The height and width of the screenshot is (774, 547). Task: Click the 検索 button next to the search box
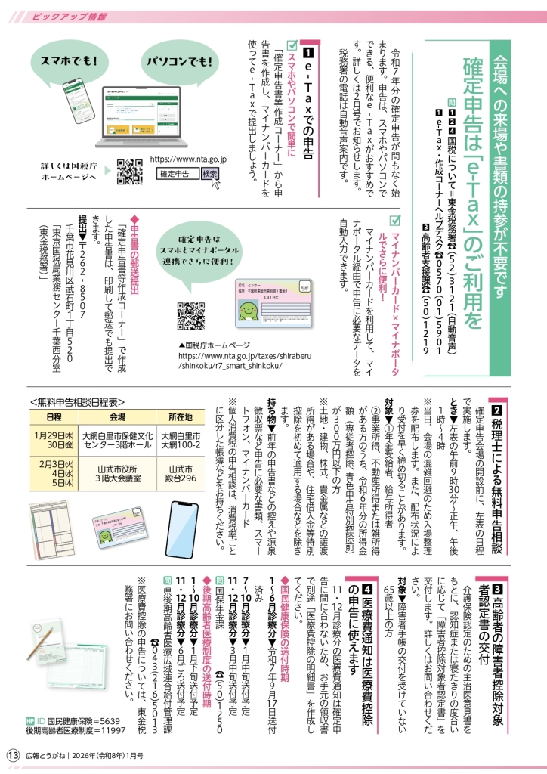pyautogui.click(x=209, y=173)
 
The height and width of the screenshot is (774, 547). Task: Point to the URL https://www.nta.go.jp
pyautogui.click(x=189, y=159)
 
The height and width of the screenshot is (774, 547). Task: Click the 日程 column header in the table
pyautogui.click(x=54, y=417)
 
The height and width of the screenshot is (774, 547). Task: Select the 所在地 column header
pyautogui.click(x=180, y=417)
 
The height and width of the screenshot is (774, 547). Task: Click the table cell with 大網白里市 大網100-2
pyautogui.click(x=180, y=442)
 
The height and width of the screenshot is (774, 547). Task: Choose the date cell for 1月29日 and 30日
pyautogui.click(x=54, y=442)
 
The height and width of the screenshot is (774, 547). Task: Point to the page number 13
pyautogui.click(x=13, y=755)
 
